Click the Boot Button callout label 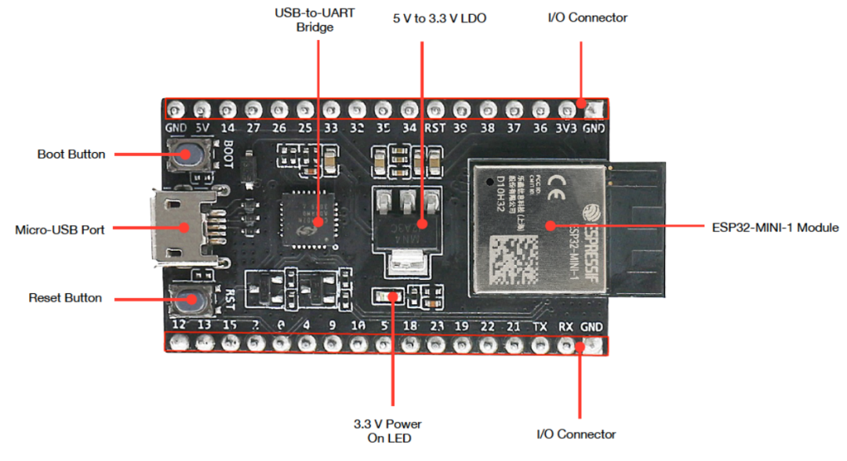coord(71,154)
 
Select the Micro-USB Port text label coord(60,230)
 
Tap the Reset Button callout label coord(65,298)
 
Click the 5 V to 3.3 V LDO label coord(439,18)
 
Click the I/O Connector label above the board coord(576,17)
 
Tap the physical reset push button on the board coord(188,299)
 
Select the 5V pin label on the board coord(202,128)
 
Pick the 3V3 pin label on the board coord(565,128)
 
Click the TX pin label coord(540,325)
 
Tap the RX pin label coord(565,325)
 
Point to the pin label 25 coord(305,128)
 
